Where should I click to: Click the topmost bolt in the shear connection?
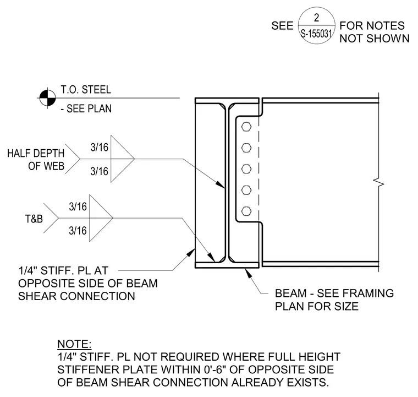(x=246, y=127)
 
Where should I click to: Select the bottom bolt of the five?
(x=246, y=211)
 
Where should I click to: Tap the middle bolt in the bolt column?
(x=246, y=169)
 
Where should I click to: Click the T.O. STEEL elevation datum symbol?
(x=48, y=98)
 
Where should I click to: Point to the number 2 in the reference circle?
(x=316, y=18)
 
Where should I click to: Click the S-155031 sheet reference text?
(x=316, y=34)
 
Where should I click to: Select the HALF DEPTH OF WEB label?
(x=36, y=160)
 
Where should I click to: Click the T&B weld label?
(x=34, y=219)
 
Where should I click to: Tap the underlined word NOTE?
(x=74, y=344)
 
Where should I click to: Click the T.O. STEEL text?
(x=86, y=90)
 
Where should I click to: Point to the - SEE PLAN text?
(x=86, y=108)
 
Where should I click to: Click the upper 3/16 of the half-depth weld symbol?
(x=100, y=147)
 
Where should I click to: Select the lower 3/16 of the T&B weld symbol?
(x=78, y=231)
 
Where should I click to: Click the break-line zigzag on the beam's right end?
(x=378, y=183)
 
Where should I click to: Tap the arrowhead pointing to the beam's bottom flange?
(x=248, y=273)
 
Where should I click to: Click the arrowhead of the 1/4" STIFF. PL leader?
(x=190, y=252)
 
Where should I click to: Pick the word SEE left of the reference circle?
(x=282, y=26)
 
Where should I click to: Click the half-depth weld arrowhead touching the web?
(x=220, y=184)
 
